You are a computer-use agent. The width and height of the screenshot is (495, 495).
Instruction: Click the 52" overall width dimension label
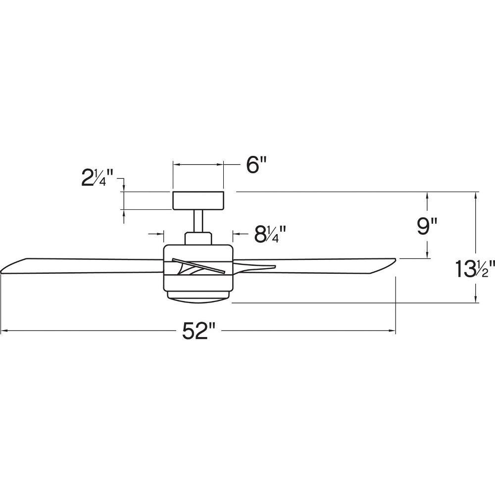coord(198,331)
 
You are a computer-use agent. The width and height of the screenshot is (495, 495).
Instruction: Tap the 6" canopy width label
coord(256,165)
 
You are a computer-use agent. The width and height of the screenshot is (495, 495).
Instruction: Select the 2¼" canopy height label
coord(97,177)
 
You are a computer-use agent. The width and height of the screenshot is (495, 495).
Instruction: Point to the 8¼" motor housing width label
coord(270,234)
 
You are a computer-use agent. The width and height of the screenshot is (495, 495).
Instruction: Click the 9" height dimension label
coord(427,226)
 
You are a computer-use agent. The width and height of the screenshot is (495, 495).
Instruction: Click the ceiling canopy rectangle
coord(198,200)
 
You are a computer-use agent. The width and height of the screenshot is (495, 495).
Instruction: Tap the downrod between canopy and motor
coord(198,221)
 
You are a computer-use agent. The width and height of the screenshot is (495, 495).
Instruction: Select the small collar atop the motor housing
coord(198,238)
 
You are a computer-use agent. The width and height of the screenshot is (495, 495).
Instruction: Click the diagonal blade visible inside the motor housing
coord(198,265)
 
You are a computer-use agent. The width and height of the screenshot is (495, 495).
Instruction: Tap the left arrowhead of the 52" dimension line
coord(4,331)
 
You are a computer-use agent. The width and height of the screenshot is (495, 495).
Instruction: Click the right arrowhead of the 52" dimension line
coord(392,331)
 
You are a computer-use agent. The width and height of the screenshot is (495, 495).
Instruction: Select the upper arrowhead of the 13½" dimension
coord(476,197)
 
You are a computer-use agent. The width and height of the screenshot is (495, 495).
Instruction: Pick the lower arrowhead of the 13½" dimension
coord(476,298)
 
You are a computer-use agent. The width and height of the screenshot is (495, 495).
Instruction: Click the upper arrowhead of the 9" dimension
coord(427,197)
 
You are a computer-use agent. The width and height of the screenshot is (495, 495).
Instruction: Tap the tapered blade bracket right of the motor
coord(254,266)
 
